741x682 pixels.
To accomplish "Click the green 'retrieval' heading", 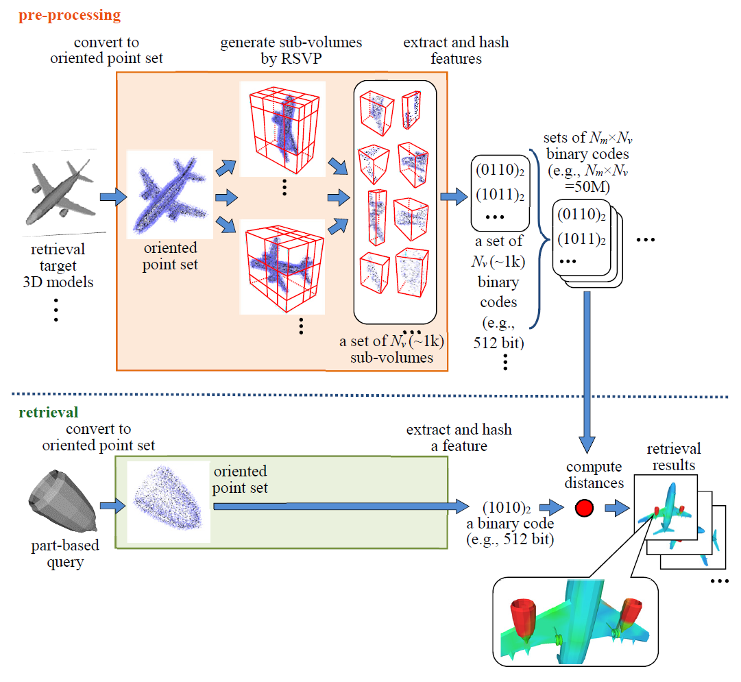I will coord(40,412).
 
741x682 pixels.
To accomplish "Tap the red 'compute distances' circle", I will coord(583,508).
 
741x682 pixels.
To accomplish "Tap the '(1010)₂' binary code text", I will coord(508,508).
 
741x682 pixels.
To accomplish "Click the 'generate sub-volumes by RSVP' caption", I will coord(291,51).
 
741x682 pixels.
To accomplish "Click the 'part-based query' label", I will coord(65,554).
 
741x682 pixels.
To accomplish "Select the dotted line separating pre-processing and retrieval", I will coord(370,395).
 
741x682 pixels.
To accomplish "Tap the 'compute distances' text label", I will coord(594,474).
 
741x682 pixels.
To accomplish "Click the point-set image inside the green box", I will coord(169,502).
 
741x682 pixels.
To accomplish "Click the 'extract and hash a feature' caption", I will coord(459,438).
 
